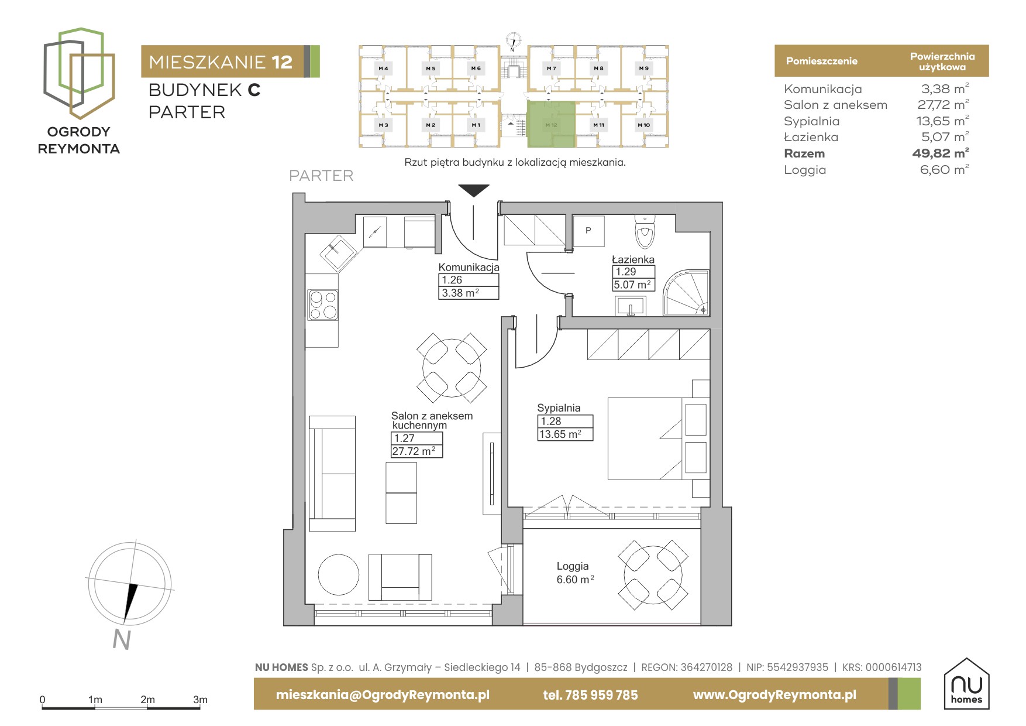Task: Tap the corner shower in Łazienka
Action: point(686,293)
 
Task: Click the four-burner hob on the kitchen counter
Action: point(323,305)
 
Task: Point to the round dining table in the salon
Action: point(452,368)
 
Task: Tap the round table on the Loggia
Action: point(653,575)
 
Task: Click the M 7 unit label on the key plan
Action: point(552,69)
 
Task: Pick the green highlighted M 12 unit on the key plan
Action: point(552,124)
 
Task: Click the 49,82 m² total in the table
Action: point(940,153)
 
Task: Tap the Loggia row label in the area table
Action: point(805,170)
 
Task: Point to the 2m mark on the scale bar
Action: point(147,700)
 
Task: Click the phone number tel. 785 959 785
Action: point(590,695)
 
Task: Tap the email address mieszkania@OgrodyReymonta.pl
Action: point(383,695)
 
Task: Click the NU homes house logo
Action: point(966,683)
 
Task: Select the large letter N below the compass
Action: point(121,640)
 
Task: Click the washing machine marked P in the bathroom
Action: point(588,231)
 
